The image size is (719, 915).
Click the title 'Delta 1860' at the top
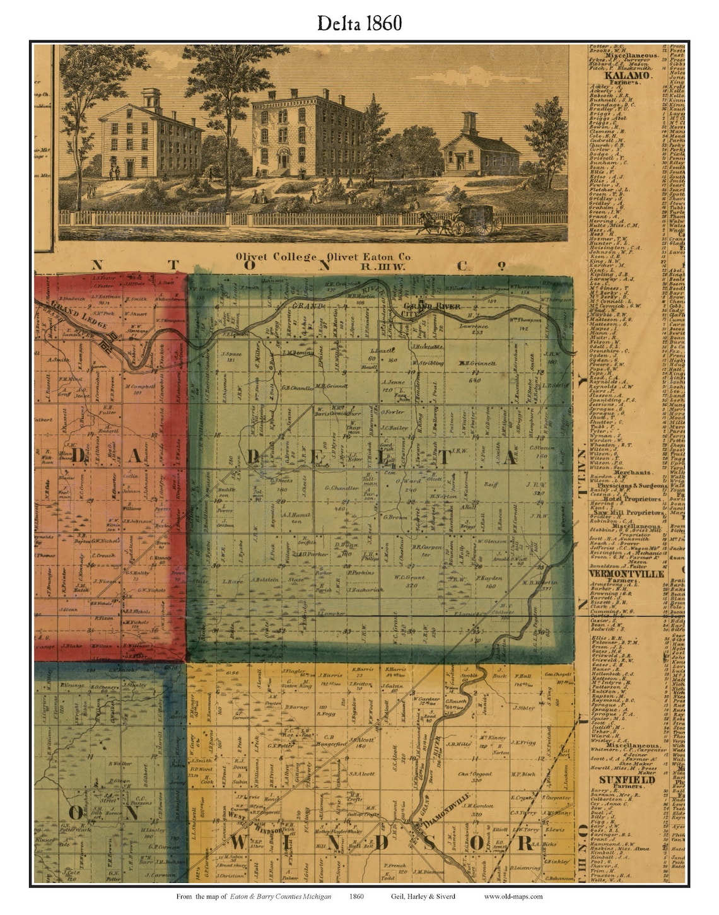click(359, 23)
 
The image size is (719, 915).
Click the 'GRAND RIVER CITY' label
click(431, 306)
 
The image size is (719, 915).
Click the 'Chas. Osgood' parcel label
click(474, 774)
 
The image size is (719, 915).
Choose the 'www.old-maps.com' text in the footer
click(513, 895)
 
